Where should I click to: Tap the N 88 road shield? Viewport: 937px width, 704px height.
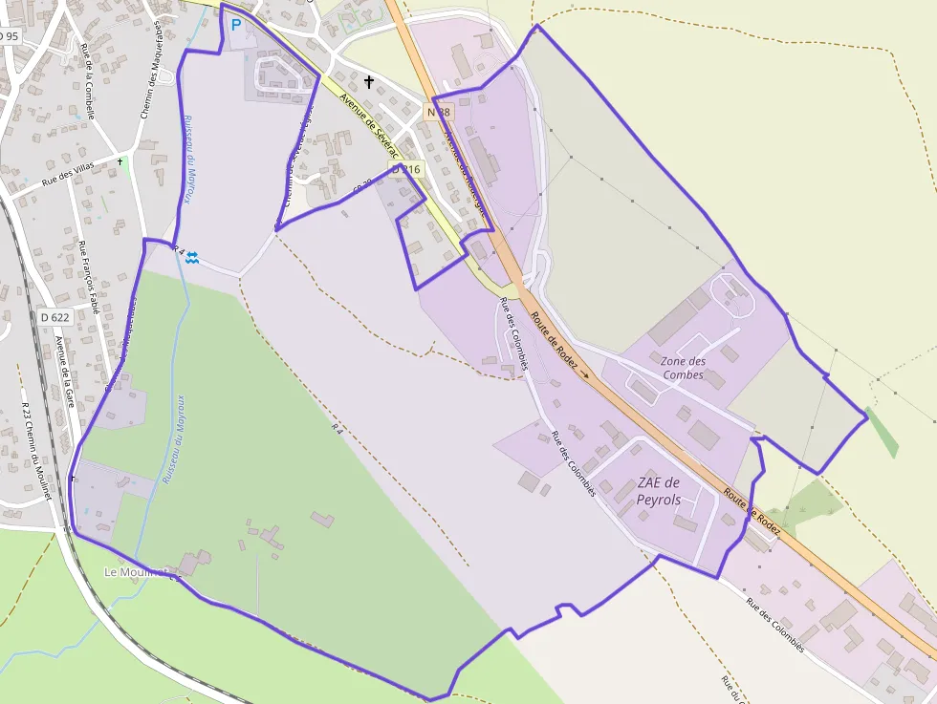(438, 112)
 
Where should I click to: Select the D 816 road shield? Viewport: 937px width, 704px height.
(405, 169)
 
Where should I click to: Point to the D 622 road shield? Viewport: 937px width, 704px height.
(55, 317)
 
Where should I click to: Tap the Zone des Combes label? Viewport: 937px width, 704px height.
(683, 368)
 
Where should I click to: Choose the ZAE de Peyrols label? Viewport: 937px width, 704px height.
(659, 490)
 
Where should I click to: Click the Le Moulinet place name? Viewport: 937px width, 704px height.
(136, 572)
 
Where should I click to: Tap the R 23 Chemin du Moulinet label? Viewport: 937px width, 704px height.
(35, 449)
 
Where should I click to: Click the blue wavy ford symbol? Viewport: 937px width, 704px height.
(192, 256)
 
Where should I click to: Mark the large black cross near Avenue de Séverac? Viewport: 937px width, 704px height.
(369, 82)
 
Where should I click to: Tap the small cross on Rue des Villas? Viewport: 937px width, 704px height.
(120, 161)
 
